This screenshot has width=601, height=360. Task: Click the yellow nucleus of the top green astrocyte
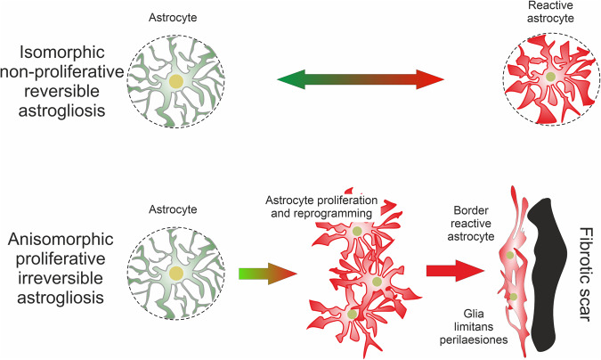pos(178,83)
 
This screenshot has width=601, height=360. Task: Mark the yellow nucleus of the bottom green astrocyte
pos(178,272)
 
